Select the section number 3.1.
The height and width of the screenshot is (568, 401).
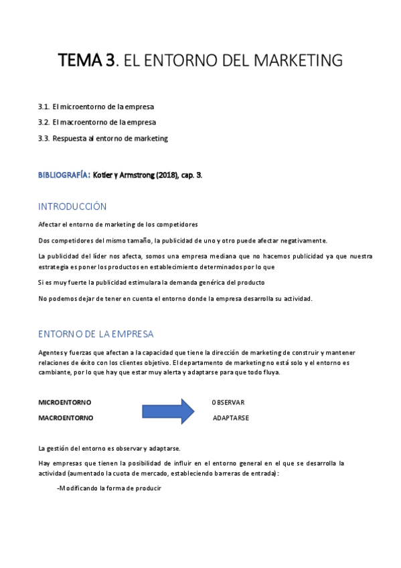click(44, 106)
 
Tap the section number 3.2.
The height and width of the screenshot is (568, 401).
click(44, 123)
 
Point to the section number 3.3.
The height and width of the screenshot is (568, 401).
click(44, 139)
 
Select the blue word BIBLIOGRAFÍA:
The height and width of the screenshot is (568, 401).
click(64, 175)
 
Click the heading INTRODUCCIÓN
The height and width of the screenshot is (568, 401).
click(72, 206)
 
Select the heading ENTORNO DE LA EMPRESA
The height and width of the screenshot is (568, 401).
click(96, 334)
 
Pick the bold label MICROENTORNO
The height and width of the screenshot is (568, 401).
click(65, 402)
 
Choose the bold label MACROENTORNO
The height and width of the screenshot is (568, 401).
click(66, 417)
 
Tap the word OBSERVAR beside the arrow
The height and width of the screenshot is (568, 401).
click(228, 402)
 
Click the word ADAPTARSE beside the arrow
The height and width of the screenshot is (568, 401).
click(231, 417)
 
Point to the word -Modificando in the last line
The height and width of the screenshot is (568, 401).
click(77, 488)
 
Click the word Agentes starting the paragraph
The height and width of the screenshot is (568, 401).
click(50, 353)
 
